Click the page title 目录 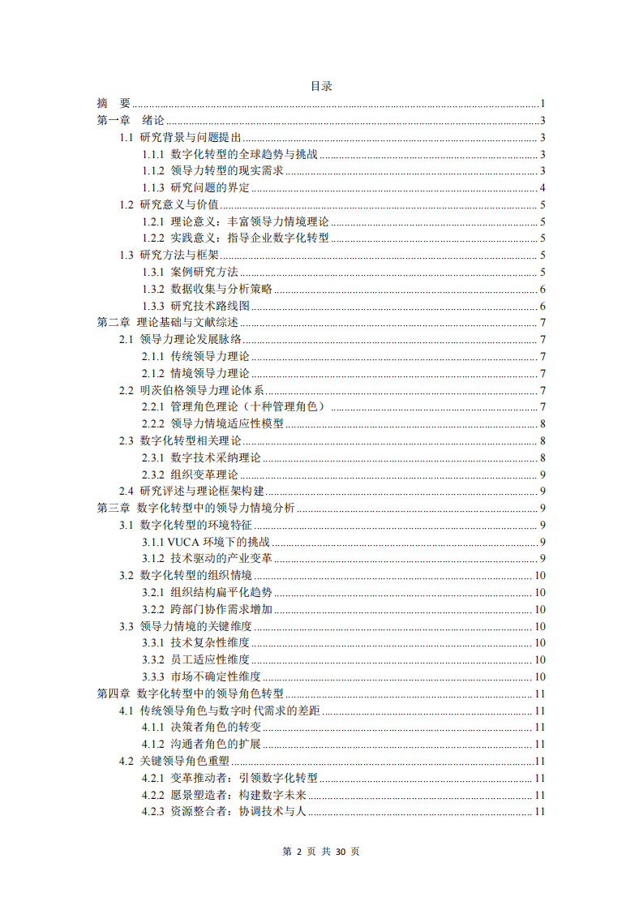(321, 86)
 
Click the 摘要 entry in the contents (114, 103)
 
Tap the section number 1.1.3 (153, 188)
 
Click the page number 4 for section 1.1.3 (542, 188)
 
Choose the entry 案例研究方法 (204, 273)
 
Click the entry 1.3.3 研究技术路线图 (195, 306)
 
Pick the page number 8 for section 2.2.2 (542, 424)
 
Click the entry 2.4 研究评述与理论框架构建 (191, 491)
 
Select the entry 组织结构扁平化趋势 (221, 593)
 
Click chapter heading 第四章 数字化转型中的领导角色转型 (190, 693)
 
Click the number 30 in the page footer (341, 852)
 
